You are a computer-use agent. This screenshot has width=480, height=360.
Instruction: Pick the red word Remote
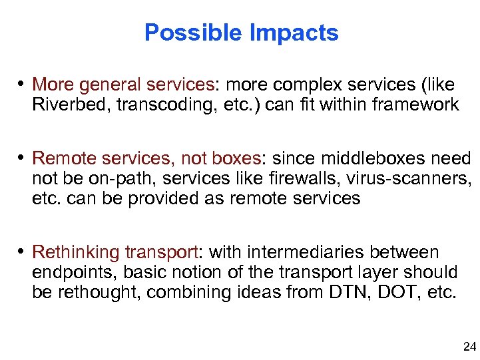(59, 159)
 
